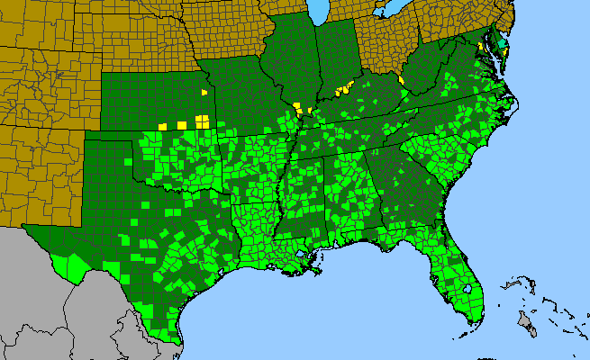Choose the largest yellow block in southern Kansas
[203, 121]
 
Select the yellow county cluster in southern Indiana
[342, 89]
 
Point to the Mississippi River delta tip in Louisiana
[317, 271]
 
